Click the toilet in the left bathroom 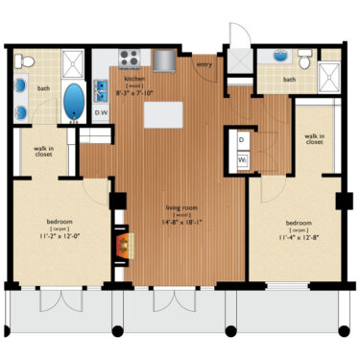coord(29,61)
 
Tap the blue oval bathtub coord(73,100)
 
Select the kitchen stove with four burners coord(130,56)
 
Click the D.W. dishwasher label coord(102,113)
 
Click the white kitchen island coord(162,114)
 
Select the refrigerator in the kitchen coord(164,60)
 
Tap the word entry coord(204,65)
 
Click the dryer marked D coord(241,140)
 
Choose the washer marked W coord(241,159)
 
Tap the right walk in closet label coord(314,140)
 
